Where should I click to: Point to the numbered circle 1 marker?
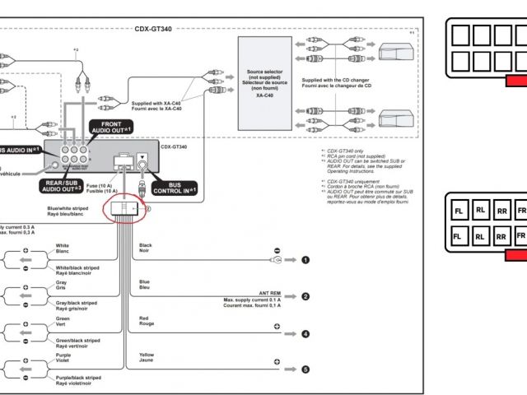click(305, 260)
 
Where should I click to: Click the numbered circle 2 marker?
click(305, 296)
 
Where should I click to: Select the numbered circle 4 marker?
click(305, 334)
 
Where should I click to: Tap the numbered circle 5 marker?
click(305, 369)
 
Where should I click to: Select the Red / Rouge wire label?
click(146, 321)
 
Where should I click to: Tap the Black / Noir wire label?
click(147, 248)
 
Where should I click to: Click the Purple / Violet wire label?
click(65, 358)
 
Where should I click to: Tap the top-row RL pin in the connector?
click(481, 211)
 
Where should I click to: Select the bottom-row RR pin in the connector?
click(501, 237)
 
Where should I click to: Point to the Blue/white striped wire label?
click(68, 211)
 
